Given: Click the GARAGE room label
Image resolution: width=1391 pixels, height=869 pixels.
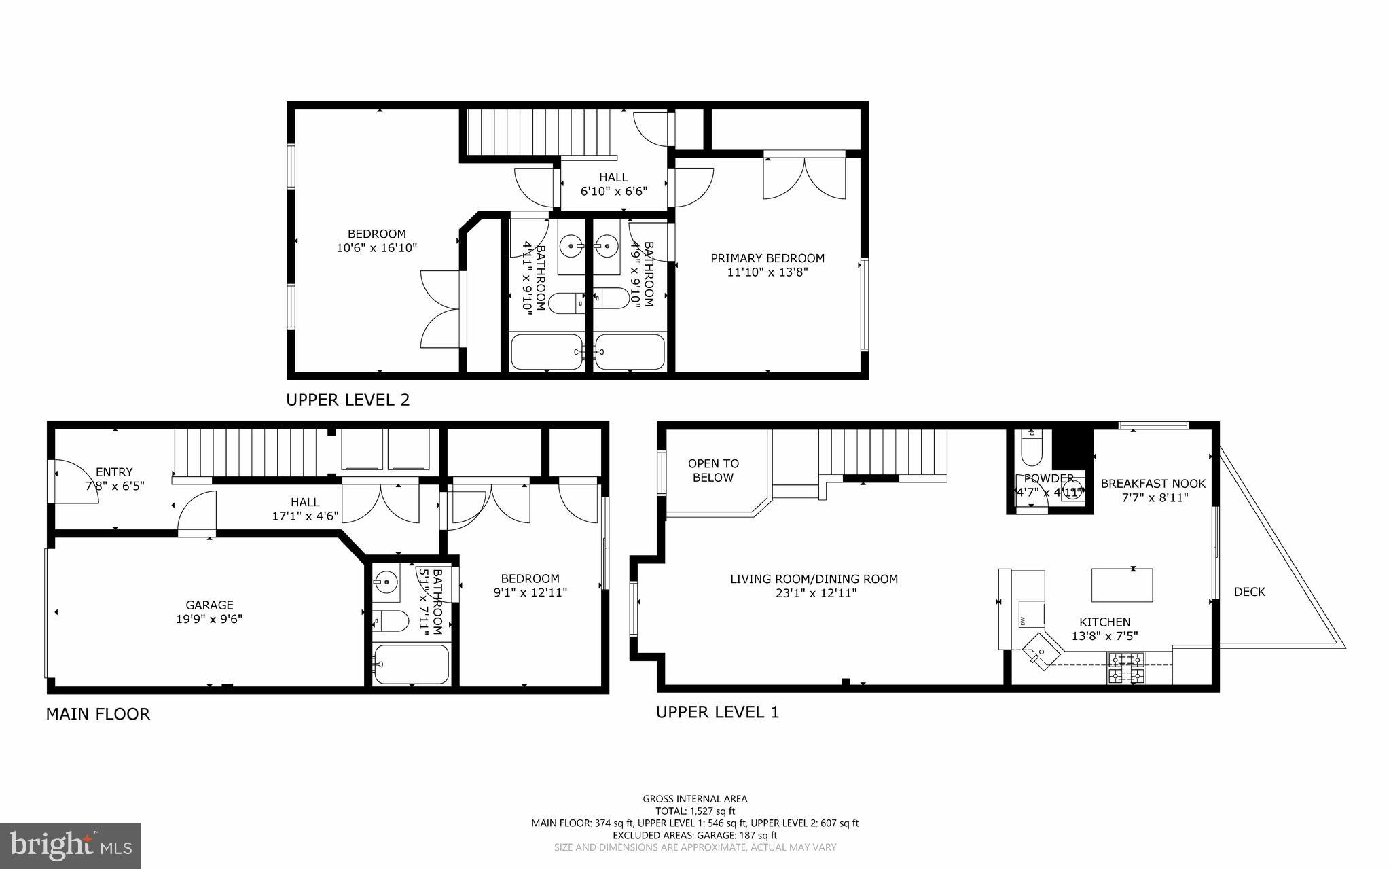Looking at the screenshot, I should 209,605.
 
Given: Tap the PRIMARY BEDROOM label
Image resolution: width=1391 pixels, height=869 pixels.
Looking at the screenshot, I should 767,258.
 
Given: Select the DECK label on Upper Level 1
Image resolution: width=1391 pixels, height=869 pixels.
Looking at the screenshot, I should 1249,592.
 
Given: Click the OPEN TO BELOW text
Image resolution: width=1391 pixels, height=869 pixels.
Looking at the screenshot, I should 713,470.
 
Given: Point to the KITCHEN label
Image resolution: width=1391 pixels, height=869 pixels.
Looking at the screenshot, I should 1104,622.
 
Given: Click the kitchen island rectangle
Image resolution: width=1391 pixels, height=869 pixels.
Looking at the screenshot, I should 1122,586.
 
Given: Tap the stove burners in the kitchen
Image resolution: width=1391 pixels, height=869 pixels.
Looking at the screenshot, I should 1126,667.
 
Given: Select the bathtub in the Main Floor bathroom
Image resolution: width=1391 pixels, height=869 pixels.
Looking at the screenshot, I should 411,664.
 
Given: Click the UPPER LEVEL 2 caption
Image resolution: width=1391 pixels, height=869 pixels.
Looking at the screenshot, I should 348,400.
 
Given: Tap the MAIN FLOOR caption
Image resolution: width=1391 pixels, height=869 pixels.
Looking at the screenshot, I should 98,714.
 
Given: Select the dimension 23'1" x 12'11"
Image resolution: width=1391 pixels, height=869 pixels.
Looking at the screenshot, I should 814,593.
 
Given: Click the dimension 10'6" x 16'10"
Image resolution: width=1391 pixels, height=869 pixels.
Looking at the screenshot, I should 376,248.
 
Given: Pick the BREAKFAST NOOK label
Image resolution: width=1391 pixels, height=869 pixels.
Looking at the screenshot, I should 1153,484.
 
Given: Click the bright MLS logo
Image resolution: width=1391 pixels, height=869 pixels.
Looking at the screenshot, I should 71,845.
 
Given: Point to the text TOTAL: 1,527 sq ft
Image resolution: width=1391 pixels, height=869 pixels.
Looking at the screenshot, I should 695,811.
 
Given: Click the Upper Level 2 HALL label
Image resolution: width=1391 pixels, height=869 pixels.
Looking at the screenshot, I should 613,177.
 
